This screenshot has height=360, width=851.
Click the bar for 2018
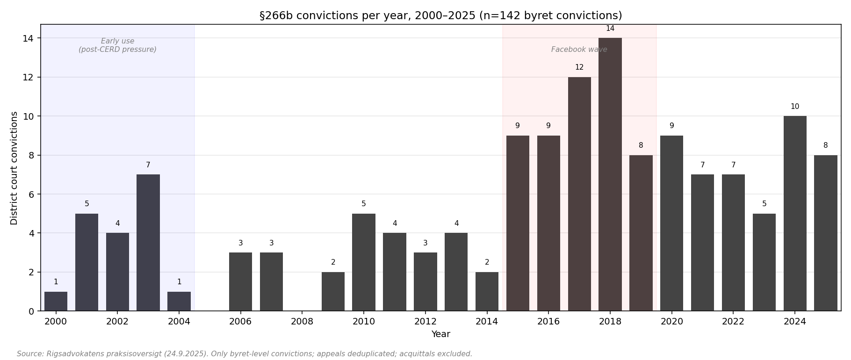pyautogui.click(x=610, y=174)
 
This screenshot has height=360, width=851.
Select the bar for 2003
pyautogui.click(x=148, y=243)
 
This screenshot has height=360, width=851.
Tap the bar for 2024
pyautogui.click(x=794, y=213)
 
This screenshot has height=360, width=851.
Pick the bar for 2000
pyautogui.click(x=56, y=302)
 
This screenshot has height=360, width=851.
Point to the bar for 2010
pyautogui.click(x=364, y=262)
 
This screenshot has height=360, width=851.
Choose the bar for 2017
pyautogui.click(x=579, y=194)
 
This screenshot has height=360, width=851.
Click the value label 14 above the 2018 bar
pyautogui.click(x=610, y=29)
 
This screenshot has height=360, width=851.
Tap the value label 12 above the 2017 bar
pyautogui.click(x=579, y=68)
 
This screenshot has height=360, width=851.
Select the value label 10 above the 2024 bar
pyautogui.click(x=794, y=107)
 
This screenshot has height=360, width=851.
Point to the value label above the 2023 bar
pyautogui.click(x=764, y=204)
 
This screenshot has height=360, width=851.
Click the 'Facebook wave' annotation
pyautogui.click(x=579, y=50)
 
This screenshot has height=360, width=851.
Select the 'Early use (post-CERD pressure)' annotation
pyautogui.click(x=117, y=45)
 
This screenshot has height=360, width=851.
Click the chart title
pyautogui.click(x=440, y=16)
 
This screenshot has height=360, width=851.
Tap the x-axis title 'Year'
pyautogui.click(x=440, y=334)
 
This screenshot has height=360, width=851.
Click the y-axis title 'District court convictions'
pyautogui.click(x=14, y=168)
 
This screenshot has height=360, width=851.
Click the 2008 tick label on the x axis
pyautogui.click(x=302, y=322)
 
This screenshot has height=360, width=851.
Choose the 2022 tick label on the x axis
pyautogui.click(x=733, y=322)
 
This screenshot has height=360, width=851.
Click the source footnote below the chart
pyautogui.click(x=245, y=354)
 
